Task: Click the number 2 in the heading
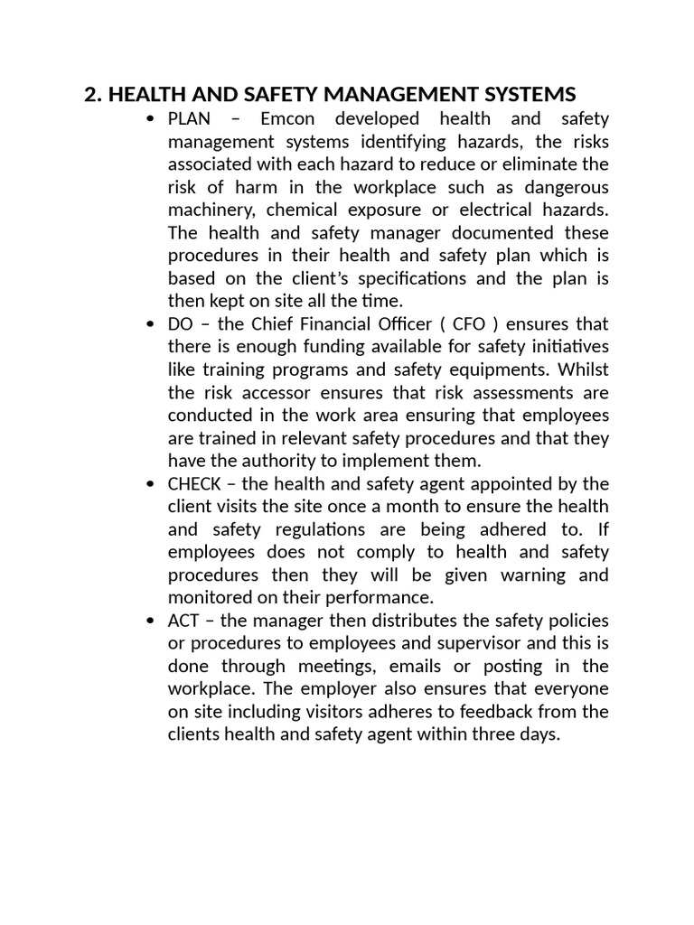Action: click(89, 94)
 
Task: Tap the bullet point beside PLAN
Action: click(150, 119)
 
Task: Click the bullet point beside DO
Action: click(150, 324)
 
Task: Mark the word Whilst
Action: click(583, 369)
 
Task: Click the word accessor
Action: click(277, 393)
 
